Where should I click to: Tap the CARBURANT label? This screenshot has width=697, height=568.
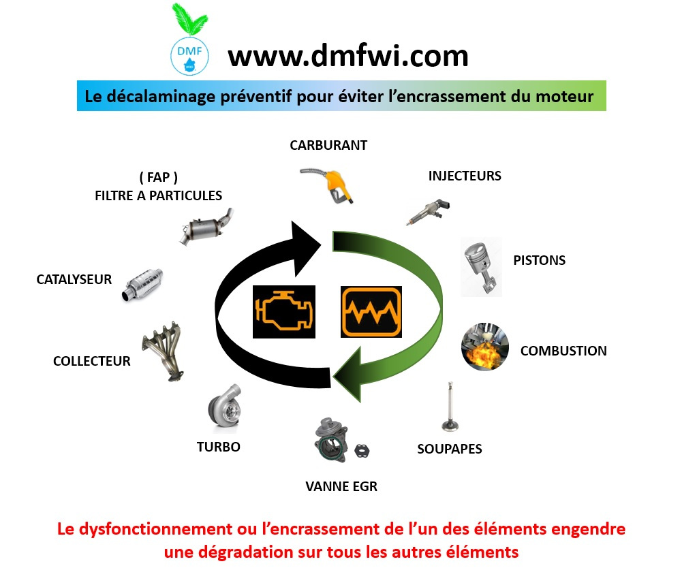pyautogui.click(x=328, y=145)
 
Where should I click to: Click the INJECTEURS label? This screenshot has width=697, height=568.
pyautogui.click(x=465, y=176)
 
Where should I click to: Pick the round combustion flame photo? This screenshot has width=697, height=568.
pyautogui.click(x=485, y=347)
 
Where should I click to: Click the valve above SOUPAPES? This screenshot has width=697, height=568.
pyautogui.click(x=449, y=407)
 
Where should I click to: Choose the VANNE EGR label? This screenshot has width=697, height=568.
pyautogui.click(x=341, y=486)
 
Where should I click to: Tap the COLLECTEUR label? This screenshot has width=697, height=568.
pyautogui.click(x=92, y=361)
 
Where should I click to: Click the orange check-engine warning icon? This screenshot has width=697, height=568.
pyautogui.click(x=283, y=311)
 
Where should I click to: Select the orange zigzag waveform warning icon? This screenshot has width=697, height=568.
pyautogui.click(x=371, y=312)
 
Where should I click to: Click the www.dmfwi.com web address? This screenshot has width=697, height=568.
pyautogui.click(x=348, y=55)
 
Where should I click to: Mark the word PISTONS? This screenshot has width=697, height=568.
pyautogui.click(x=539, y=260)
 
